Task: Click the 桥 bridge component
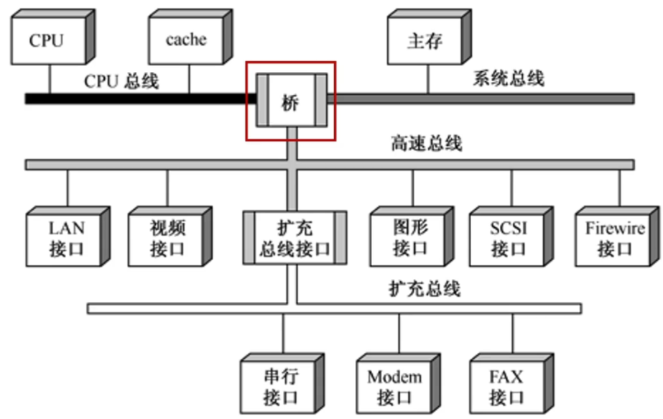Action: pyautogui.click(x=292, y=101)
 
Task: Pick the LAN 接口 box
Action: pyautogui.click(x=68, y=236)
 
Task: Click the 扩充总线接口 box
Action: pyautogui.click(x=295, y=238)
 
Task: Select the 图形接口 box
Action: pyautogui.click(x=412, y=236)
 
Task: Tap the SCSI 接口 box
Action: pyautogui.click(x=511, y=236)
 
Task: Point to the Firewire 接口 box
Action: pyautogui.click(x=617, y=236)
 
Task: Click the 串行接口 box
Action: pyautogui.click(x=282, y=384)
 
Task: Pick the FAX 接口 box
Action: pyautogui.click(x=511, y=384)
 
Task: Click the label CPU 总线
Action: pyautogui.click(x=121, y=81)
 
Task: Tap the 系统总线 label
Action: pyautogui.click(x=509, y=78)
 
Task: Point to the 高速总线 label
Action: pyautogui.click(x=426, y=144)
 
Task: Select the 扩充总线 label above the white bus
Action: pyautogui.click(x=425, y=289)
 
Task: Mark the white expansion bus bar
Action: pyautogui.click(x=334, y=308)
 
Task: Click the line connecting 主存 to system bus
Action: pyautogui.click(x=428, y=79)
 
